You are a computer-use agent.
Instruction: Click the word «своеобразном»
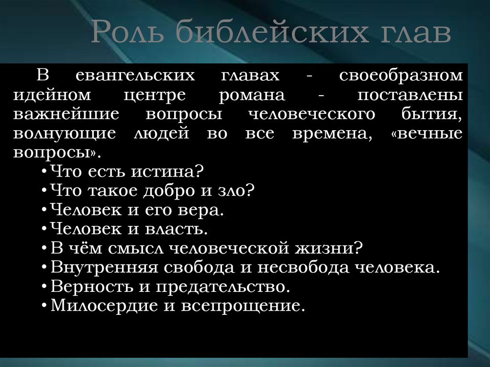[x=401, y=76]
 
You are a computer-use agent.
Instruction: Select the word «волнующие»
[x=64, y=133]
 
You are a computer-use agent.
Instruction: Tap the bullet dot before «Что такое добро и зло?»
[x=44, y=191]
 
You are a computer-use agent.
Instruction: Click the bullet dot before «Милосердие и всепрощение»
[x=44, y=306]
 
